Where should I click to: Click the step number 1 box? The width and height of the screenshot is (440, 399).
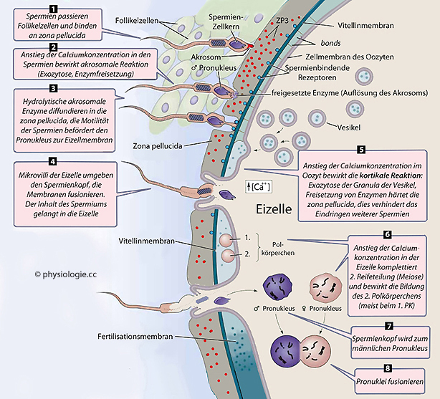click(x=52, y=7)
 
